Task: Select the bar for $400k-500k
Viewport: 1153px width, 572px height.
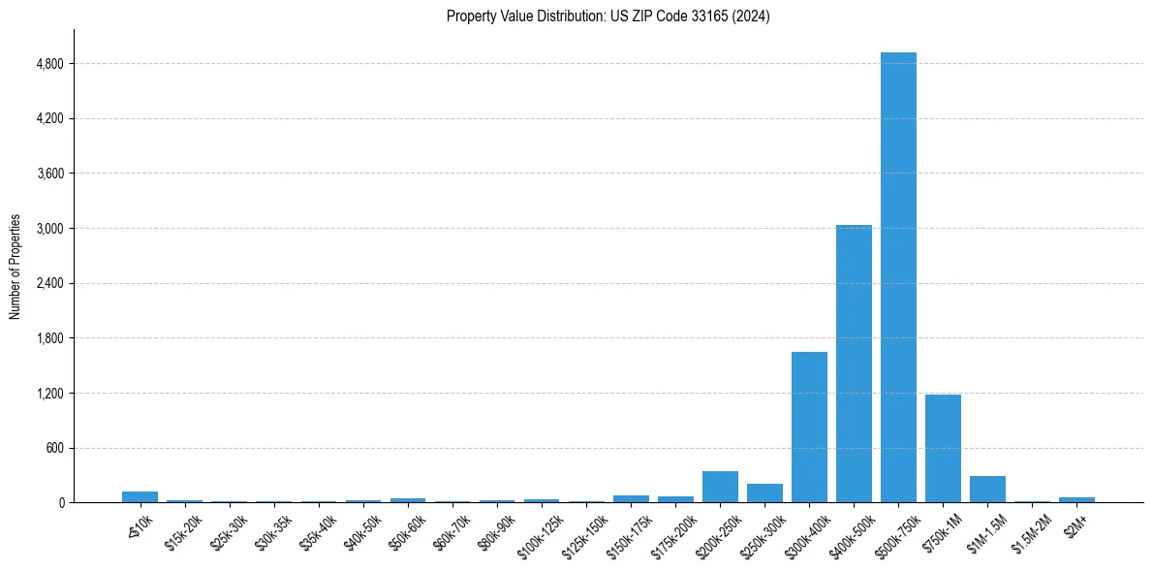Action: click(854, 364)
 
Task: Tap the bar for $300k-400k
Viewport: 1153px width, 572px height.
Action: click(809, 427)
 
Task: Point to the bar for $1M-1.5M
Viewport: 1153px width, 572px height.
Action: click(987, 490)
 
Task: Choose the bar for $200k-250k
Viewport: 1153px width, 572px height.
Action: click(720, 487)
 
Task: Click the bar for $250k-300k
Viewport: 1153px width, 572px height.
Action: click(764, 493)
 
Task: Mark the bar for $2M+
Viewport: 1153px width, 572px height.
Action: click(1076, 499)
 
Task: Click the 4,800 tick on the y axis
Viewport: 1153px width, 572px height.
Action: click(48, 64)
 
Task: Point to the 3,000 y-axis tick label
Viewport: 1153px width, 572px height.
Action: click(48, 229)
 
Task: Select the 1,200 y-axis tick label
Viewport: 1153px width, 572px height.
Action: click(48, 394)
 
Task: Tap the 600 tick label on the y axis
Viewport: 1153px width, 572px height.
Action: click(53, 448)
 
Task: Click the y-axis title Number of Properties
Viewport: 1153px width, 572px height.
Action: click(15, 267)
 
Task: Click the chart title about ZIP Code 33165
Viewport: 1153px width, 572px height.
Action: click(608, 16)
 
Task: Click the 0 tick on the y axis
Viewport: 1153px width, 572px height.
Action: click(61, 503)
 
